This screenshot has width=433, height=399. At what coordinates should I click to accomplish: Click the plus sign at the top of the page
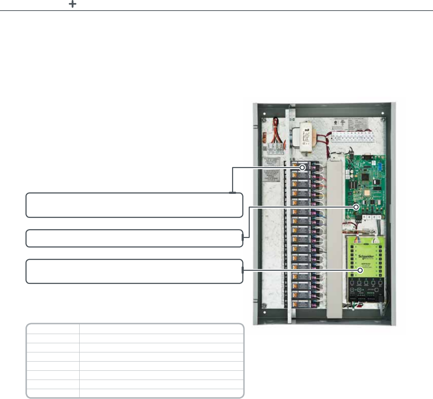(x=72, y=4)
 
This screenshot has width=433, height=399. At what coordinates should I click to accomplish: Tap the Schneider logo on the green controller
(x=366, y=257)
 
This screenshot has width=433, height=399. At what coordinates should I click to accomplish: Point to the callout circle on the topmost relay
(x=302, y=168)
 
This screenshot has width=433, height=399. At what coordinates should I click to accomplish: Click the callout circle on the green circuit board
(x=356, y=207)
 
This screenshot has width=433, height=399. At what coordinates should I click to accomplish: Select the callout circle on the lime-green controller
(x=360, y=270)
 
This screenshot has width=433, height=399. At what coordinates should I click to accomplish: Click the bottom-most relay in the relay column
(x=301, y=303)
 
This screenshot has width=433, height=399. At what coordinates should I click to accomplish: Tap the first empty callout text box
(x=134, y=205)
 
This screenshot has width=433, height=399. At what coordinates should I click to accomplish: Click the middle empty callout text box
(x=134, y=238)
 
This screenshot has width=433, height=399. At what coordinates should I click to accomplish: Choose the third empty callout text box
(x=134, y=272)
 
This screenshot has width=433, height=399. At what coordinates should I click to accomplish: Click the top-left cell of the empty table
(x=53, y=329)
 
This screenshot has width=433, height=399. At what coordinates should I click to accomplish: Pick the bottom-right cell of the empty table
(x=161, y=393)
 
